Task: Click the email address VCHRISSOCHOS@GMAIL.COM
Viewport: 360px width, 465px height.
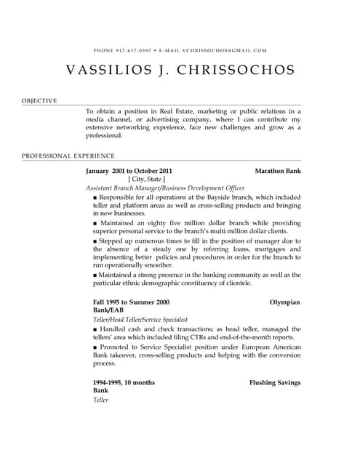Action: [224, 51]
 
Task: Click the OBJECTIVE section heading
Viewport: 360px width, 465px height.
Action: [39, 100]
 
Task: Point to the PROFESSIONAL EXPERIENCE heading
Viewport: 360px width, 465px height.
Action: [68, 155]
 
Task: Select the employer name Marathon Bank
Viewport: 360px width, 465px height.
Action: [277, 170]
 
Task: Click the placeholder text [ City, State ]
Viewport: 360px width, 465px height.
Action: [146, 179]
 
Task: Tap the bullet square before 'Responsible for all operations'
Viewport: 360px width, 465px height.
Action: [95, 197]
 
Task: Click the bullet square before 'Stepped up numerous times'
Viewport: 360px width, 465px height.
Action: [95, 240]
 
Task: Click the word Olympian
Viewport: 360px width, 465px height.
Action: [284, 302]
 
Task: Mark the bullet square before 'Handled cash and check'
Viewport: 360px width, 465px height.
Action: [95, 328]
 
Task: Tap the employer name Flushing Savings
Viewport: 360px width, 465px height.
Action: [274, 382]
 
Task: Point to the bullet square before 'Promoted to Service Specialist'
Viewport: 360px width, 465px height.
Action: [95, 347]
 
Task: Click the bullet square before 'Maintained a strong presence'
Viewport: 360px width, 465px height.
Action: [95, 275]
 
